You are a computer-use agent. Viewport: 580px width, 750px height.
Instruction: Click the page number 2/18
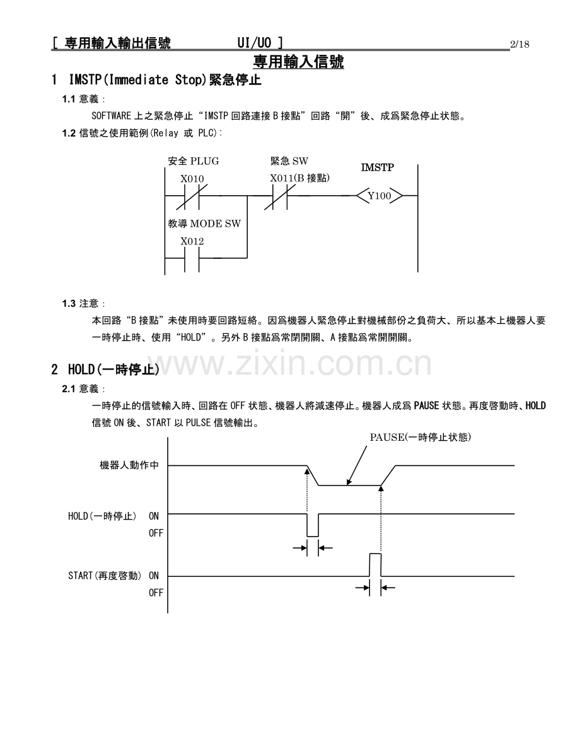[519, 45]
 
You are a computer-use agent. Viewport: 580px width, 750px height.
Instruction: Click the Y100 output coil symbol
[380, 196]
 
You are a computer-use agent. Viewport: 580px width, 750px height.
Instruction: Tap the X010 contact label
[192, 179]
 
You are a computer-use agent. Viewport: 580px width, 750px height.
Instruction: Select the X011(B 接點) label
[300, 178]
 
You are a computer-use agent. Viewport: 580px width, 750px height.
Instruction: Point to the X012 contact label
[192, 242]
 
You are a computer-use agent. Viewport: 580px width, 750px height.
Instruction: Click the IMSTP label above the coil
[378, 168]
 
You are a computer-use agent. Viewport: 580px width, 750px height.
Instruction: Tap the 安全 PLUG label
[194, 161]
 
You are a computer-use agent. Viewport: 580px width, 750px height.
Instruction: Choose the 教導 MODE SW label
[204, 224]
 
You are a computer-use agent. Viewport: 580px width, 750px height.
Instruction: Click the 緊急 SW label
[289, 161]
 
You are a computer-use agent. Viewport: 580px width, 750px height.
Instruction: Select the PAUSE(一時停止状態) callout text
[420, 437]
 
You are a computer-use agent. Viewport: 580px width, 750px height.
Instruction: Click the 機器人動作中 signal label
[129, 465]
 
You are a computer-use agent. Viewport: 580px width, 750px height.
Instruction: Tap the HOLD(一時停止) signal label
[102, 516]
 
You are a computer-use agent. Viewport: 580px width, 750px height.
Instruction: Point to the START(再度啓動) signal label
[105, 576]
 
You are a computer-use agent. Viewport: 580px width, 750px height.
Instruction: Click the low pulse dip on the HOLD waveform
[313, 536]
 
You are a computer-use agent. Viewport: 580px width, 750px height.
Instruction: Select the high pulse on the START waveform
[375, 554]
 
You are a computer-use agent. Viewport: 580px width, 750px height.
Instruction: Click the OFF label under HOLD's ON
[156, 533]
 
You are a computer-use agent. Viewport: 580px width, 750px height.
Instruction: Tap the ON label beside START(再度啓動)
[154, 576]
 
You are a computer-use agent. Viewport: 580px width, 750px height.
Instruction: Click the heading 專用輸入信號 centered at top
[298, 62]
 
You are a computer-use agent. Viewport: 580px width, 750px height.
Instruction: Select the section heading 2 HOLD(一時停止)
[105, 369]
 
